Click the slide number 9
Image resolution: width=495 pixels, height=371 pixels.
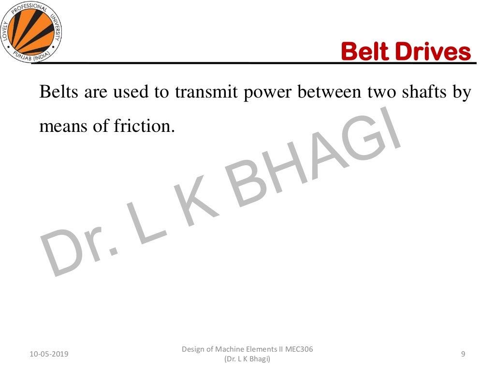[x=463, y=355]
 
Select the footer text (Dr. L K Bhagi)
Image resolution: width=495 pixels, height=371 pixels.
[x=247, y=359]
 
